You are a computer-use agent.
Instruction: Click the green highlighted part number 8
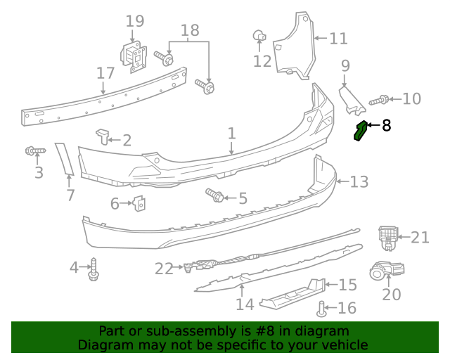361,130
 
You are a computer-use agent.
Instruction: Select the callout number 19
135,21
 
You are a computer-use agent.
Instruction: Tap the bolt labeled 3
34,150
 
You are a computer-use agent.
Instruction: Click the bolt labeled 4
93,269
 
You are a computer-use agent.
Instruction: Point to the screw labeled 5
214,195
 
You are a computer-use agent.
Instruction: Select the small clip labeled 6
140,204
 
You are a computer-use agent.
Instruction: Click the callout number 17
105,73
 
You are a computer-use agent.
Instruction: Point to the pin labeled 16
322,307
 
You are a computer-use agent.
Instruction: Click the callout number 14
244,304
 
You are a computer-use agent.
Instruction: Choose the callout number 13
359,182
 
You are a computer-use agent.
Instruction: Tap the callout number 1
231,133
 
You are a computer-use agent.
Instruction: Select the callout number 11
338,38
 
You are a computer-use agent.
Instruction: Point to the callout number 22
164,268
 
